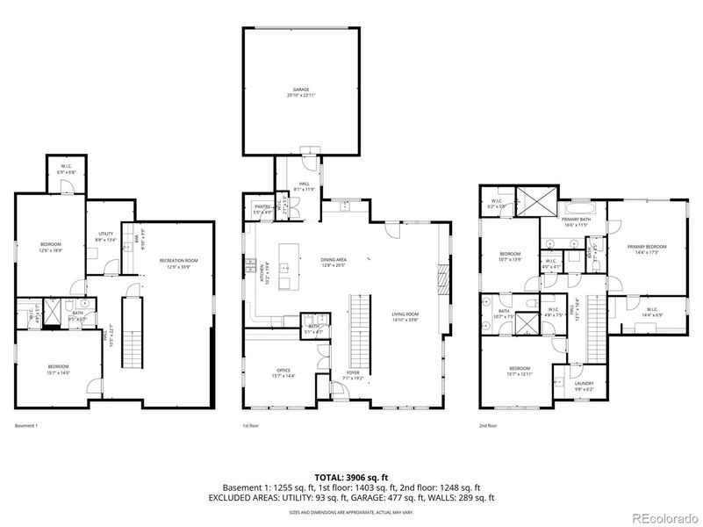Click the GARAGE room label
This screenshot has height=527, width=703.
(x=301, y=91)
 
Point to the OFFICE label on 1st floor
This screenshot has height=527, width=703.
(x=283, y=372)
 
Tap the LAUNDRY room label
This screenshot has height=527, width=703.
(x=585, y=385)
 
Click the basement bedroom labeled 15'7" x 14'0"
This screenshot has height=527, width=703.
(x=58, y=368)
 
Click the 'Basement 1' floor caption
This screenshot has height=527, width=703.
(x=26, y=426)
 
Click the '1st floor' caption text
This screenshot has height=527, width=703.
(x=252, y=426)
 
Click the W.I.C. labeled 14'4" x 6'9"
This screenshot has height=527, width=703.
(x=651, y=311)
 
